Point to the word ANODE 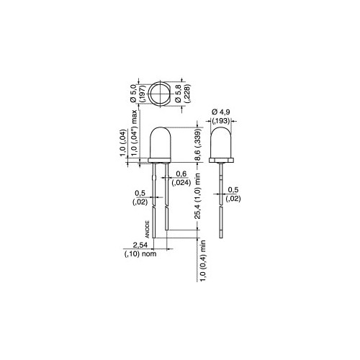coord(148,229)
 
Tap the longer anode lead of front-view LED coord(154,209)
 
